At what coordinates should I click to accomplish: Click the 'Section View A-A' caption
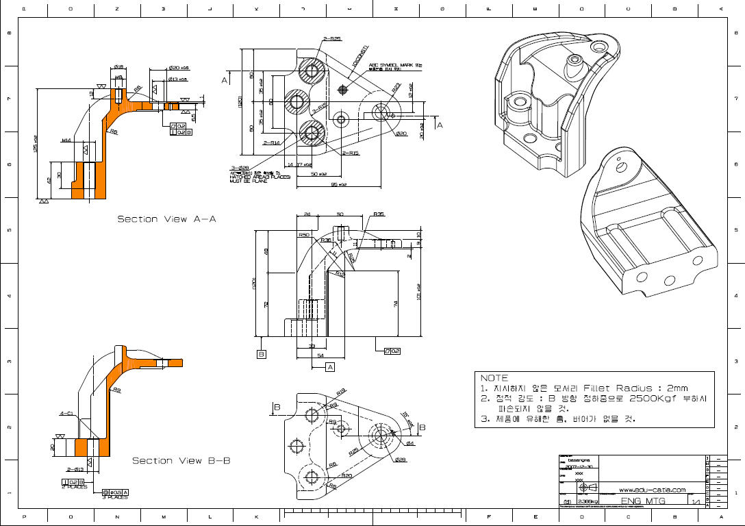click(x=166, y=219)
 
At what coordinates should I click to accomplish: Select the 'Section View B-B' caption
click(x=181, y=461)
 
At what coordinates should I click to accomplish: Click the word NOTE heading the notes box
click(x=494, y=378)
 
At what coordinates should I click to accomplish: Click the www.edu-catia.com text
click(x=652, y=490)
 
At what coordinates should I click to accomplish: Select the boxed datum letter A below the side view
click(x=330, y=367)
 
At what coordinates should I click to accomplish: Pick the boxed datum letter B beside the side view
click(x=262, y=354)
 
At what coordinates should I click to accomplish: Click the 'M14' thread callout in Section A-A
click(x=66, y=140)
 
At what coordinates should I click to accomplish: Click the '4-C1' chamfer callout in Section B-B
click(x=66, y=414)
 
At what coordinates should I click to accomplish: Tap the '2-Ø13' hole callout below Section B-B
click(x=75, y=469)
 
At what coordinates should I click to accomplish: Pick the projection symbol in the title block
click(x=588, y=489)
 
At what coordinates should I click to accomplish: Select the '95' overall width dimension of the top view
click(x=338, y=184)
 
